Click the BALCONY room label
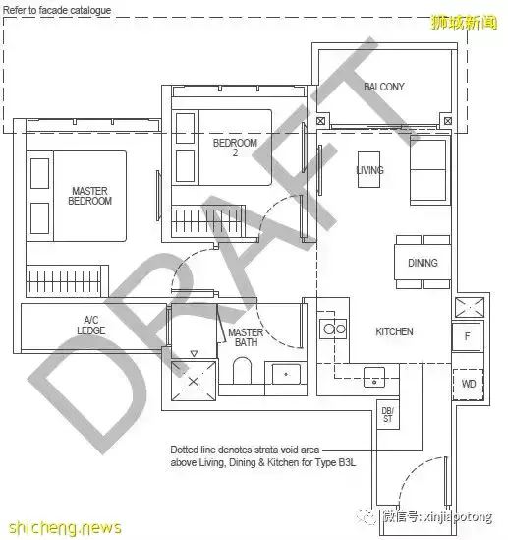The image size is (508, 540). click(x=383, y=87)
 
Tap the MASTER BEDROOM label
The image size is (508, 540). click(x=89, y=196)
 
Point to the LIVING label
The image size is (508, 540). click(x=369, y=170)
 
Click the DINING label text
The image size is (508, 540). click(x=423, y=263)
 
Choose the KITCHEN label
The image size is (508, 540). click(x=394, y=332)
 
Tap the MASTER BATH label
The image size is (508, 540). click(x=246, y=337)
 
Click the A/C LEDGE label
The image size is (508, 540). click(x=91, y=326)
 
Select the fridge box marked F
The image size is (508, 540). click(x=467, y=335)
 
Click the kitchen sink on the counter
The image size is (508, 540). click(x=373, y=376)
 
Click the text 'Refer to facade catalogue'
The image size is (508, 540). click(x=57, y=11)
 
